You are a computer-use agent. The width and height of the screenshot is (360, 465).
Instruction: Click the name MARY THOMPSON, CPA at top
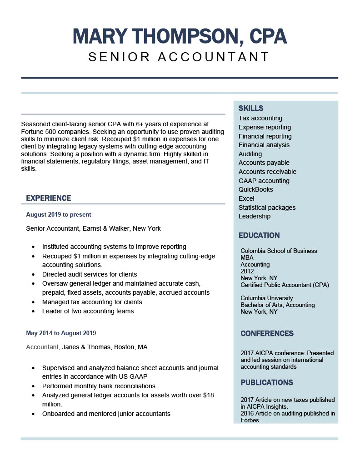(180, 36)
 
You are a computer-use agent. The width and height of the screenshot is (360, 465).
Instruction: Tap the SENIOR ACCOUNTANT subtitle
(179, 57)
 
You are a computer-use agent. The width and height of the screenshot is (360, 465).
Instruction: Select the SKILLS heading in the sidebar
(251, 108)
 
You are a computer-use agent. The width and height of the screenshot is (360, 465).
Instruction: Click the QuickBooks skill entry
(256, 189)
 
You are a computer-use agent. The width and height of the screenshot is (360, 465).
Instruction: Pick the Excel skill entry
(246, 198)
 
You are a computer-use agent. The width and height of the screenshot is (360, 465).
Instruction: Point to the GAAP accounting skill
(264, 181)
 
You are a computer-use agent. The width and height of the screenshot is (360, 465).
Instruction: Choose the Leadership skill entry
(255, 216)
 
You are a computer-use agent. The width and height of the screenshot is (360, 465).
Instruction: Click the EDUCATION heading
(259, 235)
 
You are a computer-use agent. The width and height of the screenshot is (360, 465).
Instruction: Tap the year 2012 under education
(247, 271)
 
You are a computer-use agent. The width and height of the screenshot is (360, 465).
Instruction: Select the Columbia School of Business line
(279, 251)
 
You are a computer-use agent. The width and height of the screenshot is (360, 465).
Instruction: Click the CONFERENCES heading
(267, 333)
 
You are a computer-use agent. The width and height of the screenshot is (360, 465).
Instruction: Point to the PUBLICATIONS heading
(267, 382)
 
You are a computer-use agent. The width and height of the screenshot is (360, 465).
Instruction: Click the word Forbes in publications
(250, 420)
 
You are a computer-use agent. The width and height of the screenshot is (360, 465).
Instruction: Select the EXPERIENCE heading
(49, 198)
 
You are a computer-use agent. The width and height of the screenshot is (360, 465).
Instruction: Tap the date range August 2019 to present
(59, 214)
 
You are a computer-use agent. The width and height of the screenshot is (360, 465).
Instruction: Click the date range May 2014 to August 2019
(61, 333)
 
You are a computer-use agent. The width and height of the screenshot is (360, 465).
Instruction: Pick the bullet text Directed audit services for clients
(90, 274)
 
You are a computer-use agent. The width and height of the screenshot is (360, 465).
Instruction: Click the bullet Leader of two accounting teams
(88, 311)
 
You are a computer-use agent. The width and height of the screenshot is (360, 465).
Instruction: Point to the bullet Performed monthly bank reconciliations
(99, 386)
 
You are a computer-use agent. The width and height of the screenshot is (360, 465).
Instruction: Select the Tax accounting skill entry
(260, 118)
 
